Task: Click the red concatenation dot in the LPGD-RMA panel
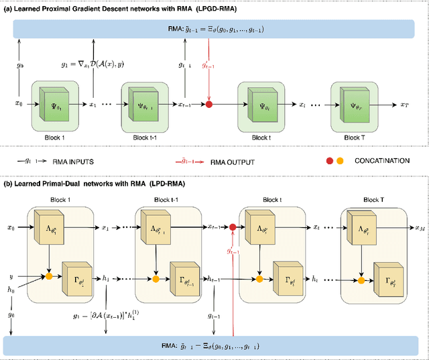point(208,105)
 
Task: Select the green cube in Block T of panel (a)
point(355,105)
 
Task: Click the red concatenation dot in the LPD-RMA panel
point(233,228)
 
